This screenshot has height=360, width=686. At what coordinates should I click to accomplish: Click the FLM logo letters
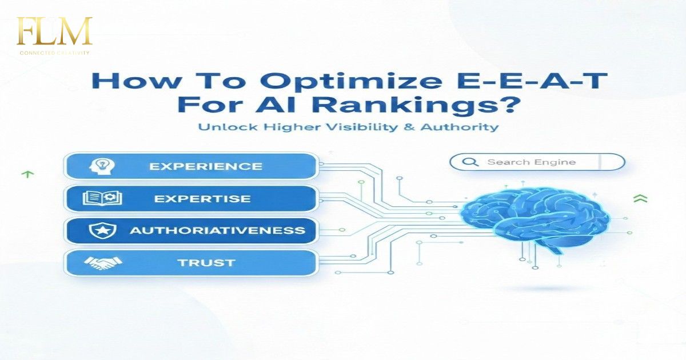[x=54, y=32]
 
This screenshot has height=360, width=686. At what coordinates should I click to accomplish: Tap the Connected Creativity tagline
[x=54, y=53]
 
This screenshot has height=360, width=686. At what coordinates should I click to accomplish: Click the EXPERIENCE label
[x=205, y=166]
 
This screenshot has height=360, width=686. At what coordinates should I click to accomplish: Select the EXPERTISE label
[x=202, y=199]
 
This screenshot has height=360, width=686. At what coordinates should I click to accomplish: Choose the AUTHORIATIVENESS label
[x=217, y=231]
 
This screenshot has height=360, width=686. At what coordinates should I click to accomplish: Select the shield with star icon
[x=103, y=231]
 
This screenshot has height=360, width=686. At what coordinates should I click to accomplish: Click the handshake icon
[x=103, y=263]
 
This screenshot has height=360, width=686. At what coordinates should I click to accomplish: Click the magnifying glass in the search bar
[x=470, y=162]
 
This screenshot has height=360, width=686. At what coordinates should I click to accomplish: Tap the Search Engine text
[x=531, y=162]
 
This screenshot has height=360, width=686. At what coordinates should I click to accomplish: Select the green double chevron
[x=640, y=198]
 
